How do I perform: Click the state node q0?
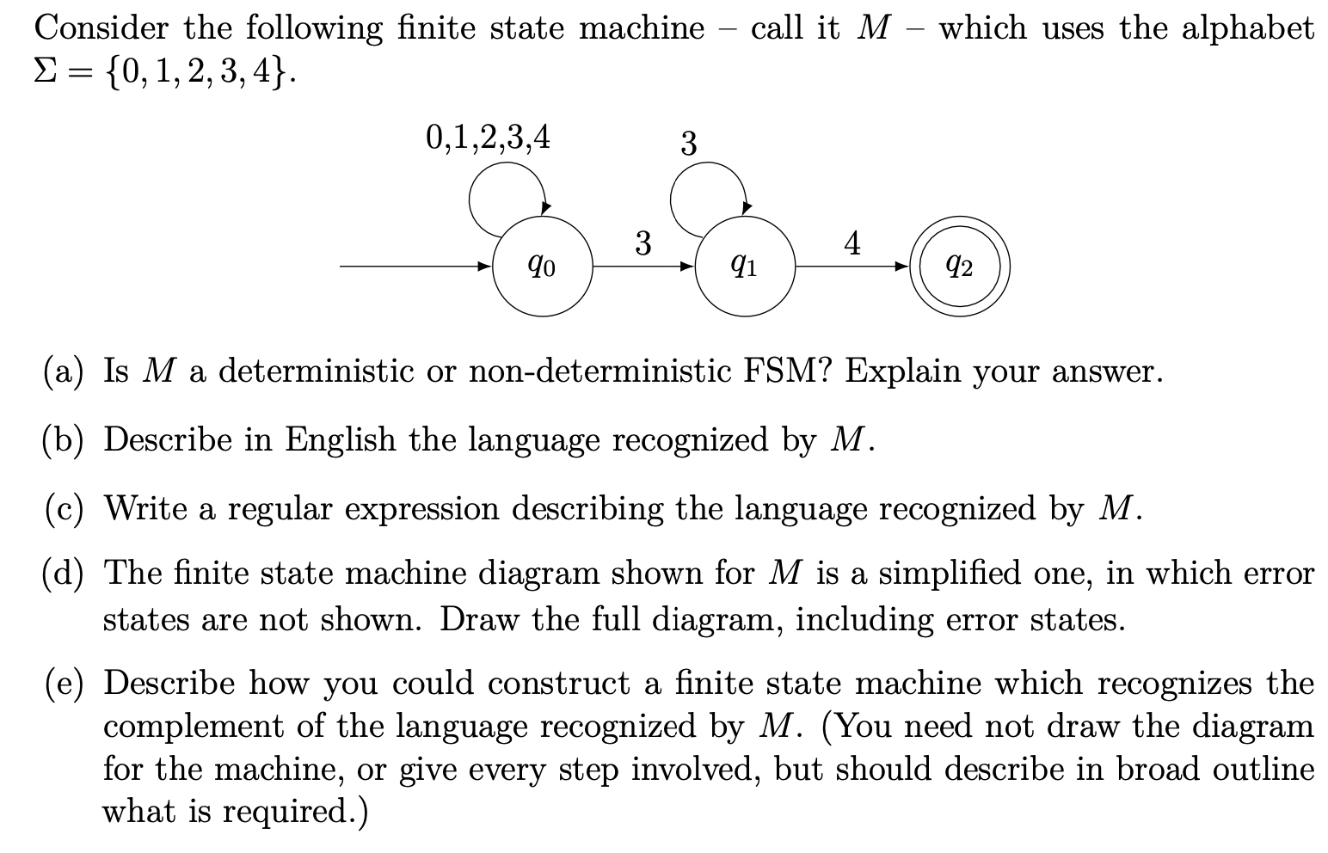(x=542, y=267)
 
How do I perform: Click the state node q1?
(x=745, y=267)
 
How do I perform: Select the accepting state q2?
(x=960, y=267)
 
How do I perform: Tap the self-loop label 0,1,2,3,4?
(x=488, y=138)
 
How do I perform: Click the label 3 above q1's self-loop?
(x=688, y=144)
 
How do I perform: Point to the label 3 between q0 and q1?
(x=643, y=243)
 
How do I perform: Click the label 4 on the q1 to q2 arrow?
(x=852, y=242)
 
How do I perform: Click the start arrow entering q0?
(x=415, y=267)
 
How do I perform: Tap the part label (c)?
(x=64, y=508)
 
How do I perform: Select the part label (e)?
(x=64, y=683)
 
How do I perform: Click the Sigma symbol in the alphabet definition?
(x=45, y=72)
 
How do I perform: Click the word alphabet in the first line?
(x=1247, y=28)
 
